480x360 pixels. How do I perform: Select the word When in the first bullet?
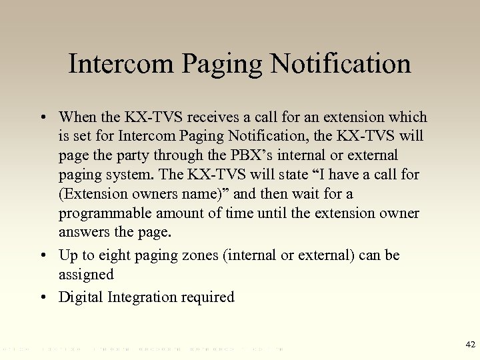[x=77, y=117]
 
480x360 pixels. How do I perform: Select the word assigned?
[x=86, y=274]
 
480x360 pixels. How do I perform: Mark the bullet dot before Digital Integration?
[x=43, y=297]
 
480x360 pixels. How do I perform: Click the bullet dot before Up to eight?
[x=43, y=255]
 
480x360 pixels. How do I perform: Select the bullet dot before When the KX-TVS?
[x=43, y=117]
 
